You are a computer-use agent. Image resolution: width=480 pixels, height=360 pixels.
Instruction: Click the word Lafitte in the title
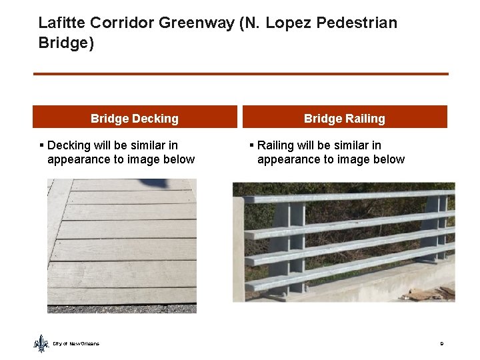click(61, 23)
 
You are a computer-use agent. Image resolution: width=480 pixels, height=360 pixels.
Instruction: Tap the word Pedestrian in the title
click(357, 23)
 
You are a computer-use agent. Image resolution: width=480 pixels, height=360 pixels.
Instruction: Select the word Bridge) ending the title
click(66, 44)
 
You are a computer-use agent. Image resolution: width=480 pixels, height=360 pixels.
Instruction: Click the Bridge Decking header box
click(135, 118)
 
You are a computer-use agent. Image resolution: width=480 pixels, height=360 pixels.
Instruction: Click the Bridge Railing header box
click(344, 118)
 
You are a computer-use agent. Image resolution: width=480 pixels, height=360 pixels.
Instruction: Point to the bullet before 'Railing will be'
click(251, 145)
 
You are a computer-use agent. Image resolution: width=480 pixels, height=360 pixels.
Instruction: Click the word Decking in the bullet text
click(72, 145)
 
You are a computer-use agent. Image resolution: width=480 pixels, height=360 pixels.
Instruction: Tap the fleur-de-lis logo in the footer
click(41, 343)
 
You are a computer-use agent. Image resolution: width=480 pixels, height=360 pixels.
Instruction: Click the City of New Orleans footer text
click(76, 343)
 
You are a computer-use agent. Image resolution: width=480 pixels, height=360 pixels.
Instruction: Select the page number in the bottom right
click(441, 343)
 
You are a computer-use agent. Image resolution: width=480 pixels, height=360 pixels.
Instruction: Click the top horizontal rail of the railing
click(347, 197)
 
